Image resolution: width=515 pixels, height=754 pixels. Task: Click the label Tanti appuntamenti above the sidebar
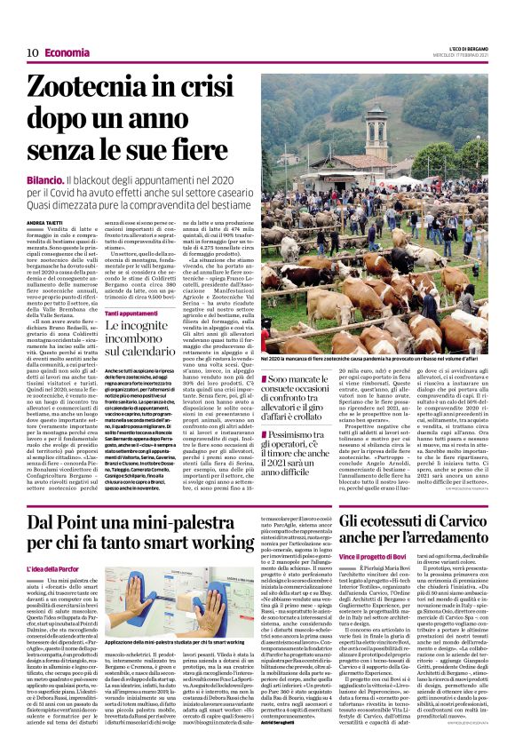coord(136,314)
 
